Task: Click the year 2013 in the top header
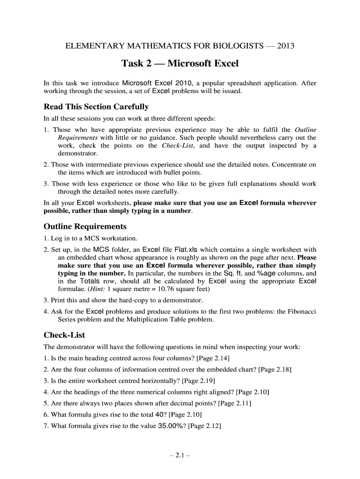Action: [286, 46]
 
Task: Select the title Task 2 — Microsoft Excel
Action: [180, 63]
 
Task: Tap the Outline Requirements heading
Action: [85, 226]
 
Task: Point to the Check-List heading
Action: [64, 335]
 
